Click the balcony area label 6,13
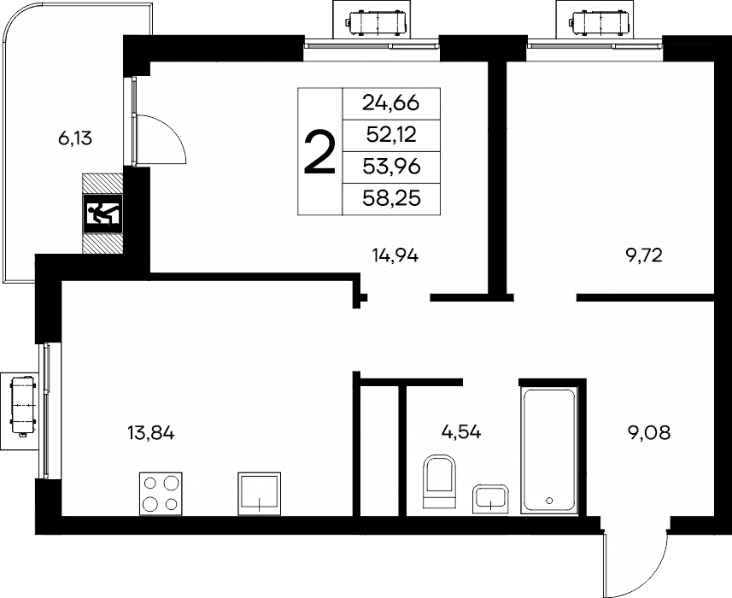[75, 138]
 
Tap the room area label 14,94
[395, 255]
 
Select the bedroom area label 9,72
[644, 255]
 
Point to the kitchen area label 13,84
[151, 433]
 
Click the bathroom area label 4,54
[461, 432]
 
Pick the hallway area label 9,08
[649, 433]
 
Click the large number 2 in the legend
[319, 152]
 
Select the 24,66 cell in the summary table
[391, 103]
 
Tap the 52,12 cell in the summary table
[391, 135]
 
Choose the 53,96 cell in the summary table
[391, 167]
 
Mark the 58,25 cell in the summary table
[391, 199]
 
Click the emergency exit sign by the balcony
[103, 214]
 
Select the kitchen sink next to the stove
[260, 494]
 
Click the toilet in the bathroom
[439, 481]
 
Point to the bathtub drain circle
[549, 501]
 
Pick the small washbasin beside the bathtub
[490, 499]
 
